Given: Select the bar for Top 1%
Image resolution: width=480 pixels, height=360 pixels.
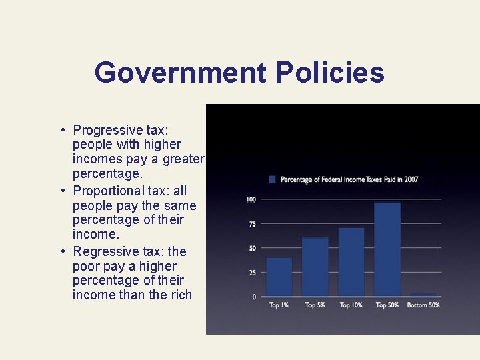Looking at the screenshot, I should click(279, 277).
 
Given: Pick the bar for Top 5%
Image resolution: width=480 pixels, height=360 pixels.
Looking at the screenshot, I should click(315, 267).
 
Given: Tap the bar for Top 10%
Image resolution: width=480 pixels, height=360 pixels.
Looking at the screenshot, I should click(351, 262).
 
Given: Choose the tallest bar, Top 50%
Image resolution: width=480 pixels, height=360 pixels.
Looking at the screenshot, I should click(387, 249).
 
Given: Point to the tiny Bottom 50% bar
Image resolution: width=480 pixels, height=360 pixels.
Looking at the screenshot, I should click(423, 295).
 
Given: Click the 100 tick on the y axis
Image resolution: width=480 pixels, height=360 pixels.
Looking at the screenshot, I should click(251, 199).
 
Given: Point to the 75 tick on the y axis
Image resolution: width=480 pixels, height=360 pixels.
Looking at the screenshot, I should click(252, 224).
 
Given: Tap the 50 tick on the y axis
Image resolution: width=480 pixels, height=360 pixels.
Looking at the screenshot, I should click(252, 249).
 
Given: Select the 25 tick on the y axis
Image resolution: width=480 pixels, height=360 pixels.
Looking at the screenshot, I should click(252, 273).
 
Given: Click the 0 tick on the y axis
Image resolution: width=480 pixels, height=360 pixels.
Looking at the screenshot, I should click(253, 297).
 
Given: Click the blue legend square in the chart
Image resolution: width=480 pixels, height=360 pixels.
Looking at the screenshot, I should click(272, 179).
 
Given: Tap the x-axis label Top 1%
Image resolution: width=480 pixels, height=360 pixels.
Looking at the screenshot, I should click(279, 305).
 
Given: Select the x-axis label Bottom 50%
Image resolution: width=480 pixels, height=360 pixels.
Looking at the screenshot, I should click(423, 305).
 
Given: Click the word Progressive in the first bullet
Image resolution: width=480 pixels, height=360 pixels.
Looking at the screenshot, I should click(108, 130).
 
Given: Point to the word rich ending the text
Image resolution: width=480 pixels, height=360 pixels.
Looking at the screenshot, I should click(181, 295).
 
